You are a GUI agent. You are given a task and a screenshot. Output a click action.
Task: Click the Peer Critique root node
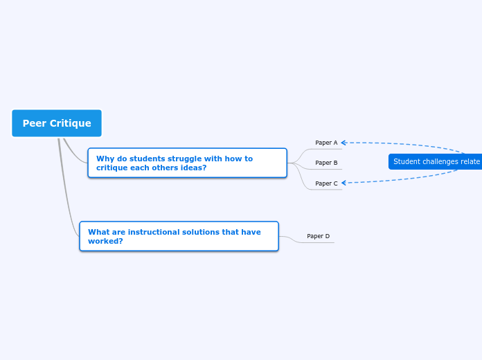pyautogui.click(x=57, y=123)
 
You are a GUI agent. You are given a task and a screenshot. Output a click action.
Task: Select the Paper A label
pyautogui.click(x=326, y=143)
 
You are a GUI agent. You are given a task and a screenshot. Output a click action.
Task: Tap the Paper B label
pyautogui.click(x=326, y=163)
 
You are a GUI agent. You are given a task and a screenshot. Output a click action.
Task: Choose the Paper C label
pyautogui.click(x=326, y=183)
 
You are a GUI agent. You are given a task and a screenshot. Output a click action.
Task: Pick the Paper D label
pyautogui.click(x=318, y=236)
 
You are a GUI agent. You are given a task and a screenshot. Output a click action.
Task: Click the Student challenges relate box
pyautogui.click(x=436, y=161)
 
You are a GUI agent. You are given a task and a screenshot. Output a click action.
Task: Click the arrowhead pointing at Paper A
pyautogui.click(x=343, y=143)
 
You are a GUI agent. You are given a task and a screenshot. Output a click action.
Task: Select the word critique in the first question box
pyautogui.click(x=112, y=168)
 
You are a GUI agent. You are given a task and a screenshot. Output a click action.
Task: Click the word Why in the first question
pyautogui.click(x=104, y=159)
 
